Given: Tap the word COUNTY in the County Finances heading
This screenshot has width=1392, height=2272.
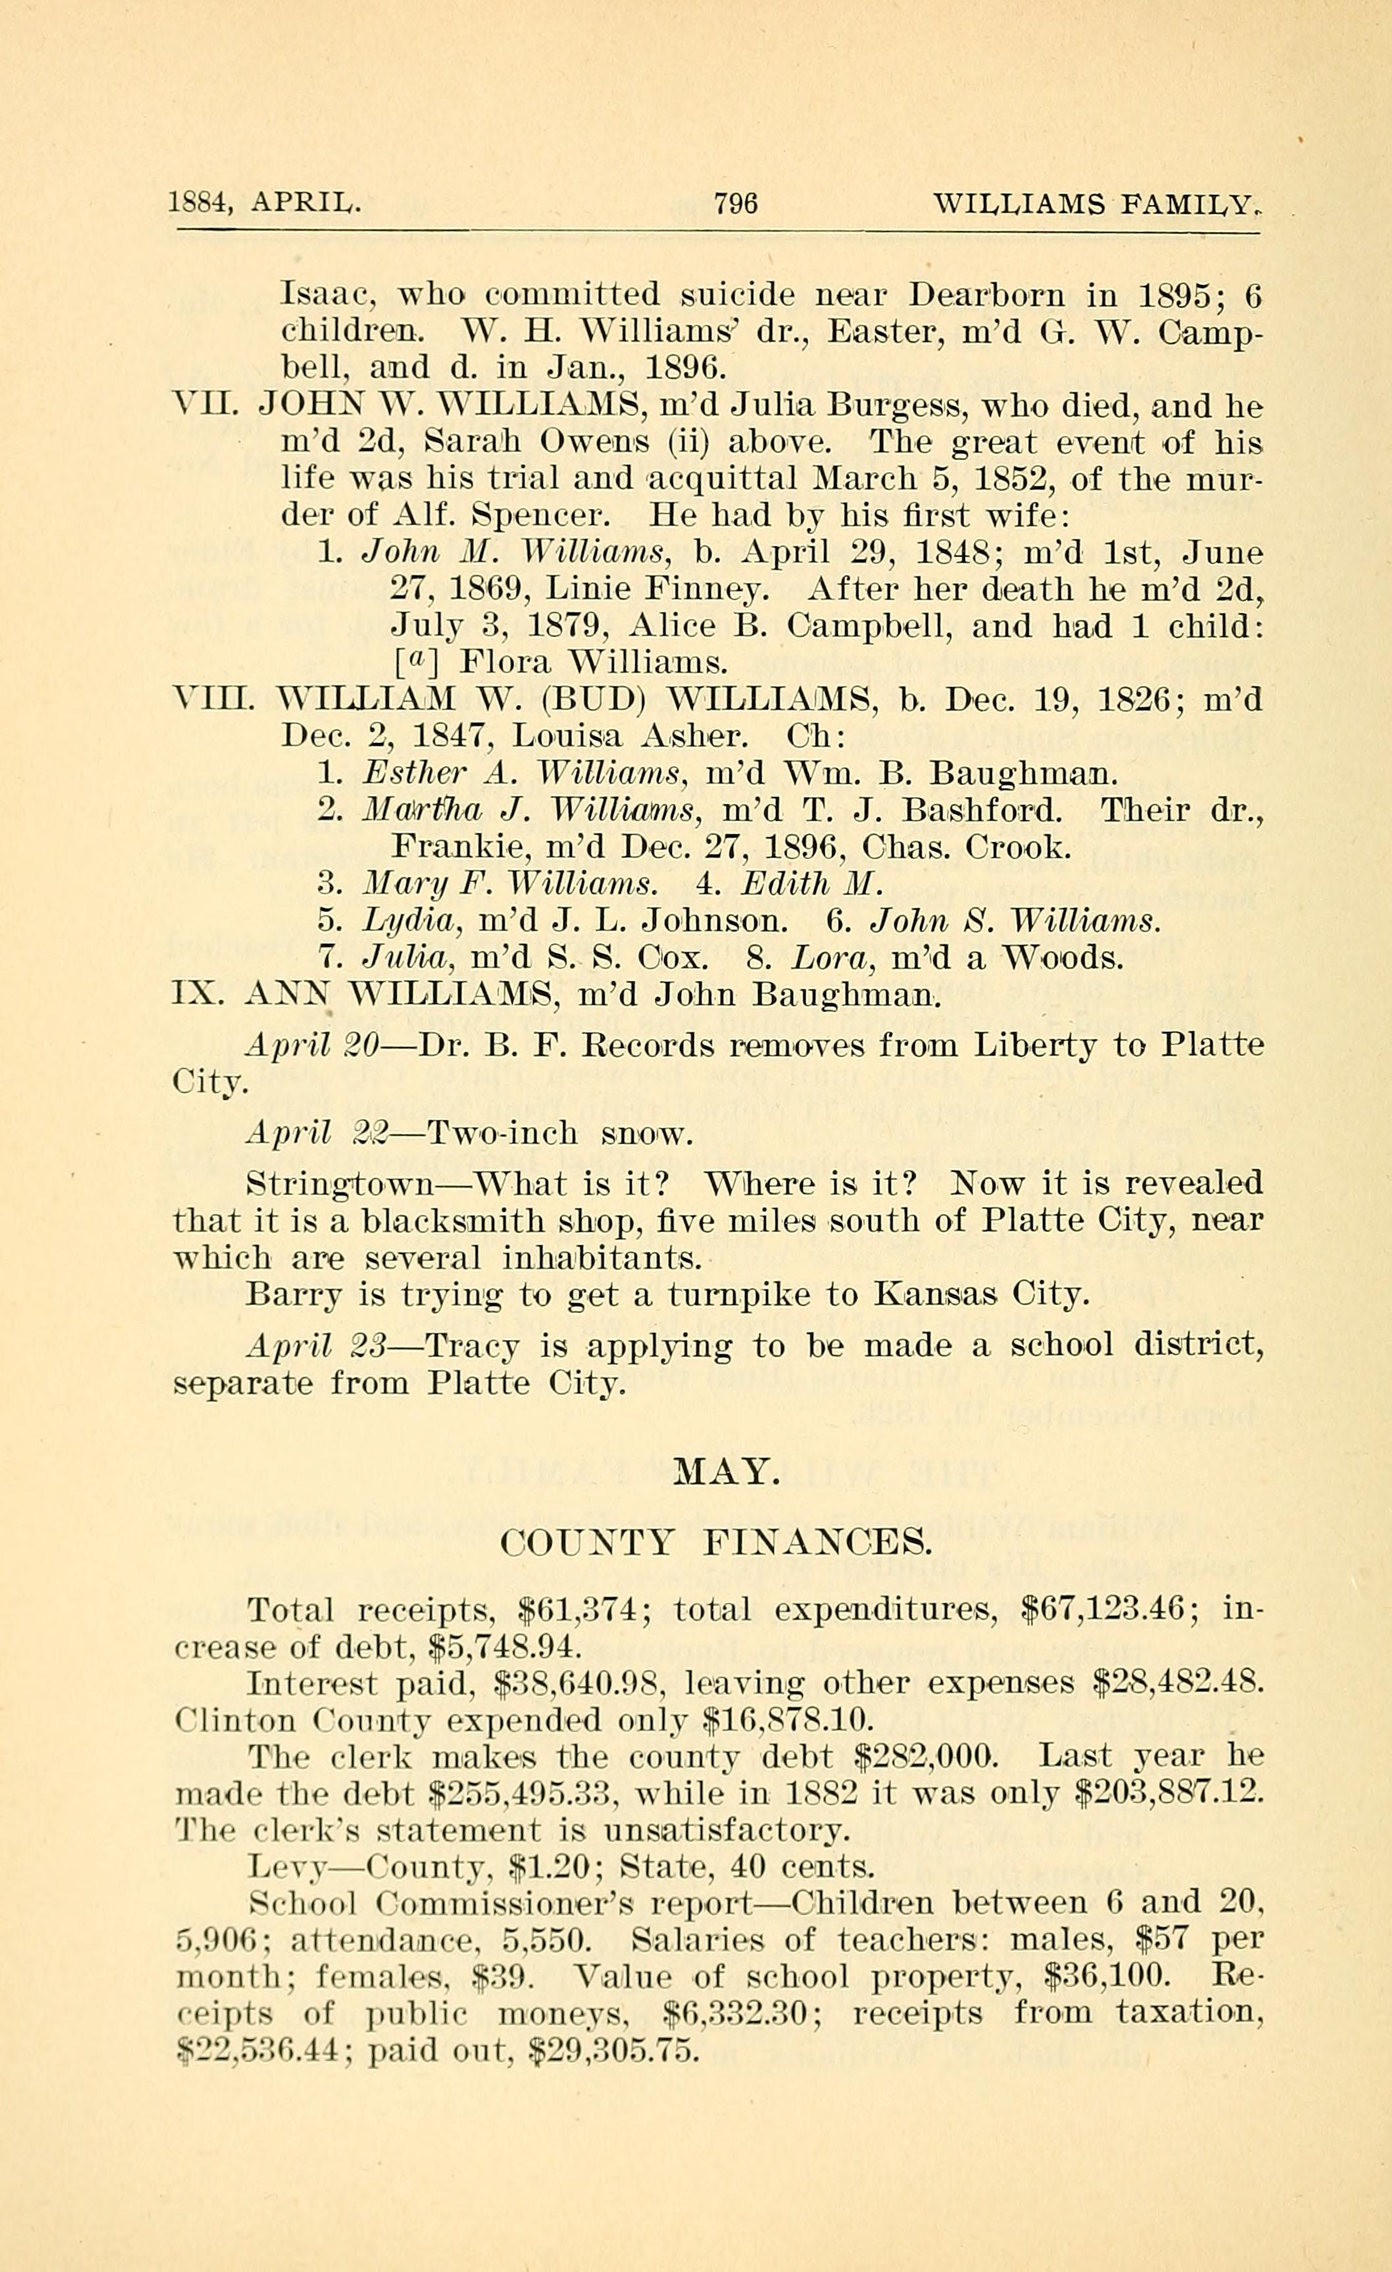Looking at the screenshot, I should (x=587, y=1541).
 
